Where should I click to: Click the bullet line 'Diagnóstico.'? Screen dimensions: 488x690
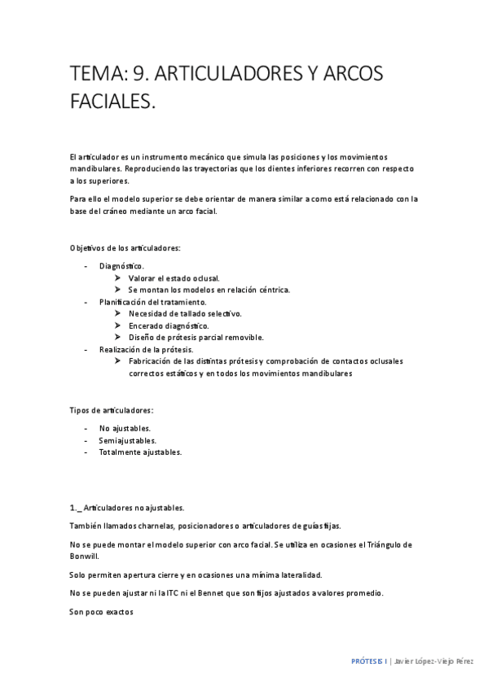(x=121, y=266)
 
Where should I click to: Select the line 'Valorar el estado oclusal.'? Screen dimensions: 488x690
(x=174, y=277)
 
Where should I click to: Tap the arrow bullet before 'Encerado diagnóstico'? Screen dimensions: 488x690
(x=119, y=325)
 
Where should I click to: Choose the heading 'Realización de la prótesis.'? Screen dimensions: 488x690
(x=146, y=349)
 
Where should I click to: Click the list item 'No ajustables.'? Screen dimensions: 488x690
(x=125, y=428)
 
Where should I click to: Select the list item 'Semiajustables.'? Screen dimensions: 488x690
(x=127, y=440)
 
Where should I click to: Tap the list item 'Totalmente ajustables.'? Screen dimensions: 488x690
(x=140, y=452)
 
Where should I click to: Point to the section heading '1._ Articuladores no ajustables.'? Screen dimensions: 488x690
(x=127, y=507)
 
